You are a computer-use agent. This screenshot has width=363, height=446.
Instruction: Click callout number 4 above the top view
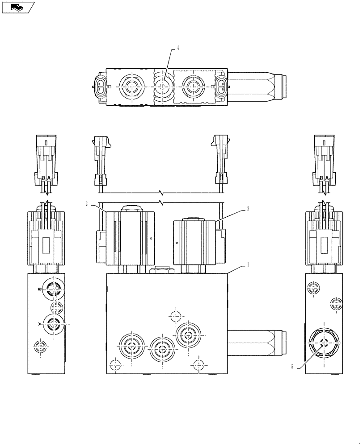177,48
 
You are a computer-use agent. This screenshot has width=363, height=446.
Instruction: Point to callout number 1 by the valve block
248,264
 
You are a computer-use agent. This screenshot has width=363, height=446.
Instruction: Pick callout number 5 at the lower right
292,367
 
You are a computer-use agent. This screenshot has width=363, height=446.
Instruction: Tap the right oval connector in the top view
221,86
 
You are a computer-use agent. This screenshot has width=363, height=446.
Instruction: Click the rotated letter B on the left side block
40,289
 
